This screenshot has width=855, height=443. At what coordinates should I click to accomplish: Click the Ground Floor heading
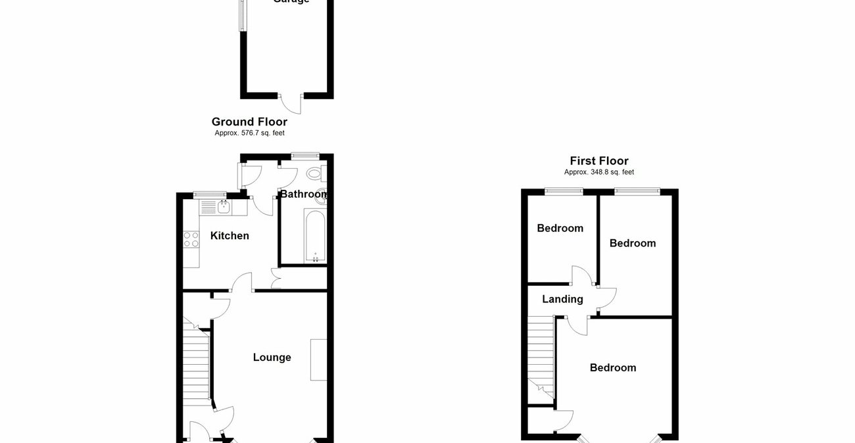pyautogui.click(x=249, y=122)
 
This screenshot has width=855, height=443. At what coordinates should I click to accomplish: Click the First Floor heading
pyautogui.click(x=598, y=161)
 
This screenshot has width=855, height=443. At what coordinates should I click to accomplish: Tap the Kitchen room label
pyautogui.click(x=230, y=235)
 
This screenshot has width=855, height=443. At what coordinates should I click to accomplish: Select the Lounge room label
pyautogui.click(x=272, y=358)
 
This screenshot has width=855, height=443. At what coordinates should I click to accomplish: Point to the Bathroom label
pyautogui.click(x=303, y=195)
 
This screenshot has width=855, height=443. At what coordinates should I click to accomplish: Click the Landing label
pyautogui.click(x=562, y=299)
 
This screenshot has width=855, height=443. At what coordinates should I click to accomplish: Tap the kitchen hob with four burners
pyautogui.click(x=191, y=239)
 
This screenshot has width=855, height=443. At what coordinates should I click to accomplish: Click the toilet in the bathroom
pyautogui.click(x=314, y=174)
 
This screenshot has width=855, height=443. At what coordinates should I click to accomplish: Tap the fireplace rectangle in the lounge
pyautogui.click(x=318, y=360)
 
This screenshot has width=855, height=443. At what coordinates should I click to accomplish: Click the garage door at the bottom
pyautogui.click(x=290, y=103)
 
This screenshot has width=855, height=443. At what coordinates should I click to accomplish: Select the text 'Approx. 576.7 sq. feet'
pyautogui.click(x=249, y=133)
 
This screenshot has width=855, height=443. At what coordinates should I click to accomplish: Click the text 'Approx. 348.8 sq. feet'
pyautogui.click(x=598, y=172)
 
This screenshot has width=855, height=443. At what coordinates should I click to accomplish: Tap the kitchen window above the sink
pyautogui.click(x=209, y=194)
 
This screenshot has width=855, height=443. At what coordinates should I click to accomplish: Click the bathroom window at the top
pyautogui.click(x=305, y=156)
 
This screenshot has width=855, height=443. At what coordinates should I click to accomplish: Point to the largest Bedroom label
pyautogui.click(x=612, y=368)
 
